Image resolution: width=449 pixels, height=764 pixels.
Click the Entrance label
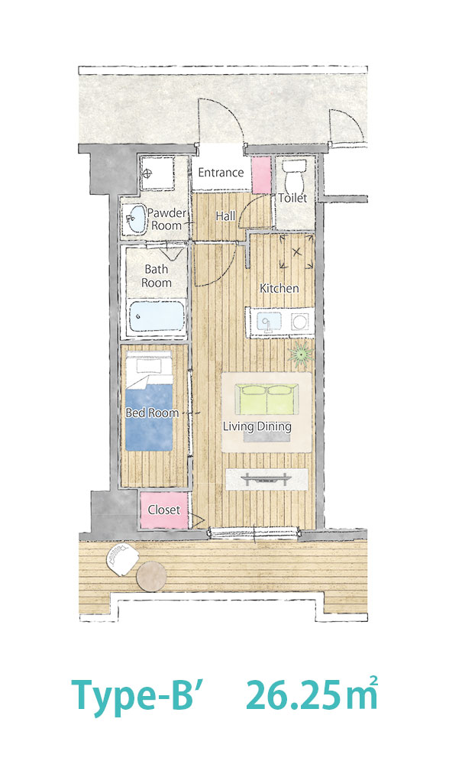click(x=221, y=173)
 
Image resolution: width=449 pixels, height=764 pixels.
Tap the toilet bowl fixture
click(x=294, y=177)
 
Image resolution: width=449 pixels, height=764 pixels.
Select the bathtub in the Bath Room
click(x=157, y=316)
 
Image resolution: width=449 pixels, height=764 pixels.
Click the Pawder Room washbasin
click(x=134, y=219)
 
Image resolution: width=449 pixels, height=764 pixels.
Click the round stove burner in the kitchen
click(x=299, y=322)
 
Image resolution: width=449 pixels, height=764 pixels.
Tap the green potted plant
click(x=299, y=354)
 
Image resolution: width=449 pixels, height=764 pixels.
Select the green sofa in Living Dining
click(x=266, y=399)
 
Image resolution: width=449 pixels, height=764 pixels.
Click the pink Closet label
click(x=164, y=510)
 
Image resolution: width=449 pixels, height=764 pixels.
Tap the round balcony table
click(x=152, y=576)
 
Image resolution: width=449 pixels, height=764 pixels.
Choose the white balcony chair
click(x=121, y=559)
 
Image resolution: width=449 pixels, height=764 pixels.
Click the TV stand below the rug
click(x=266, y=479)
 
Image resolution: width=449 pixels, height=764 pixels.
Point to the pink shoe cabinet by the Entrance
click(x=261, y=174)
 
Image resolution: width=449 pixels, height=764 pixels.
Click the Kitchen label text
click(x=279, y=289)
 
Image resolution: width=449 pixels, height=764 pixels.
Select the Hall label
click(x=225, y=216)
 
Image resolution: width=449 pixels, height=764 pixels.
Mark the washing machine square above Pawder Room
click(x=157, y=173)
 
